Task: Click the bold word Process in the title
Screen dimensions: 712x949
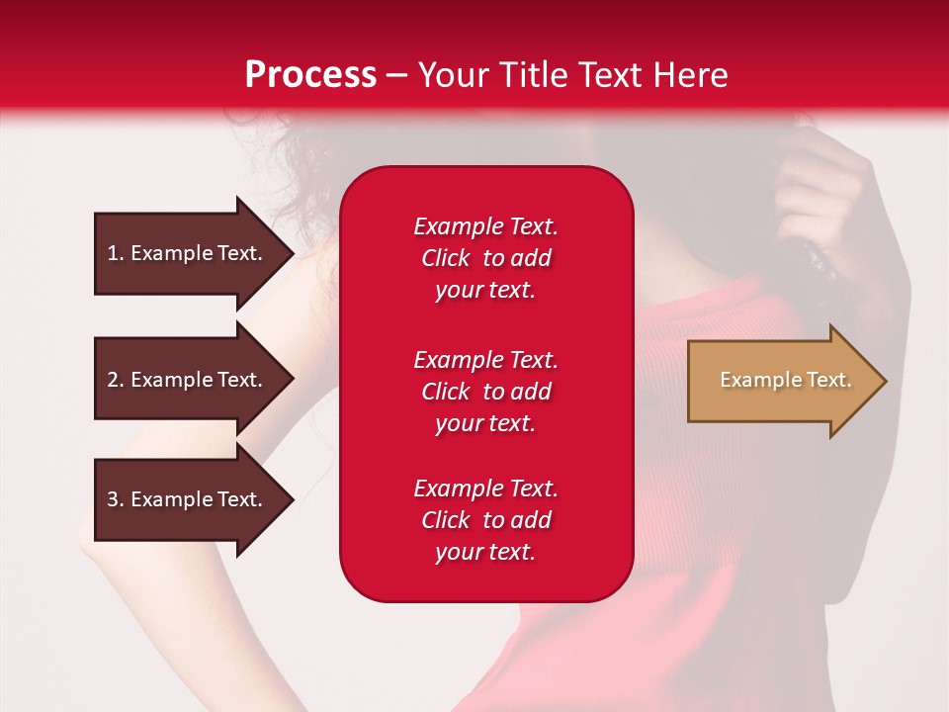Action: (310, 75)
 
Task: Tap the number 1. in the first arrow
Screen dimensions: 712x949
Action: (115, 253)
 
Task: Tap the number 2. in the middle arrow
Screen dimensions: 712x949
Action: (115, 380)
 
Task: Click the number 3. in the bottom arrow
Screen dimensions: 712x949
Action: (115, 499)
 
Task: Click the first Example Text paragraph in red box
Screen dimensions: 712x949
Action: (485, 258)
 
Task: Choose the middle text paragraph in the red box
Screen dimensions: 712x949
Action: (485, 391)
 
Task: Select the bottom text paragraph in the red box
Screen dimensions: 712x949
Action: (485, 520)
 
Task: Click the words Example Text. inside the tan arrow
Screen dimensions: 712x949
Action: (785, 380)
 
